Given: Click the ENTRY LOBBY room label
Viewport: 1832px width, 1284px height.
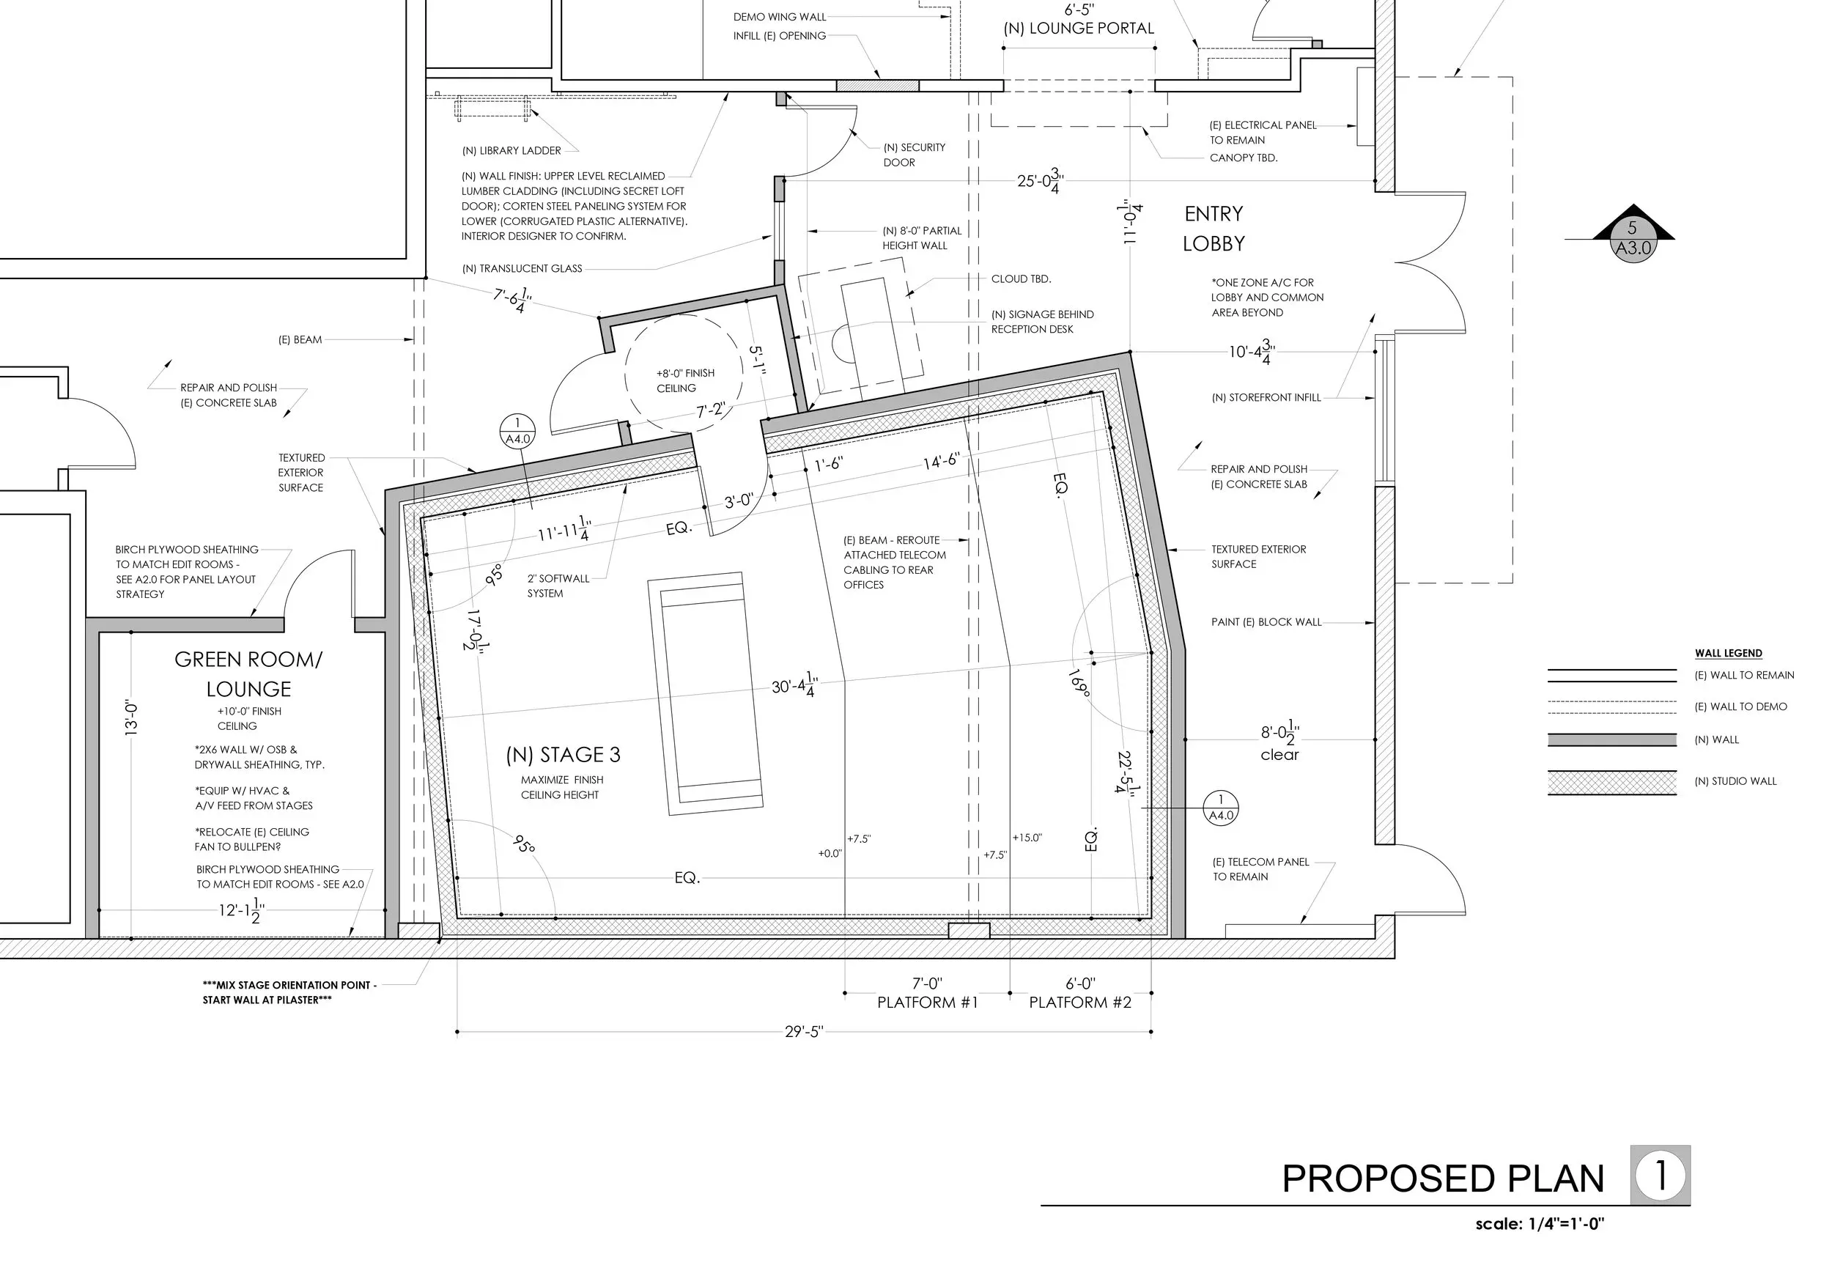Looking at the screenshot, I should point(1214,228).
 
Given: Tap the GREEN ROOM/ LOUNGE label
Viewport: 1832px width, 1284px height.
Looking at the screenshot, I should point(248,674).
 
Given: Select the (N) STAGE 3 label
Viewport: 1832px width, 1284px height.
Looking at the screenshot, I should point(563,755).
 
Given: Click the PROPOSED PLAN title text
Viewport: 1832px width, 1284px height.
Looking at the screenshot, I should point(1442,1179).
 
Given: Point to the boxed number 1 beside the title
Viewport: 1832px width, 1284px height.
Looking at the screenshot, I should point(1661,1175).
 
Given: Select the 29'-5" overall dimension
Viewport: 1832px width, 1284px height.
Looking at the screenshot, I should point(803,1032).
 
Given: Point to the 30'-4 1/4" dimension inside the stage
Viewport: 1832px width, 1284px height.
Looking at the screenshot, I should point(794,685).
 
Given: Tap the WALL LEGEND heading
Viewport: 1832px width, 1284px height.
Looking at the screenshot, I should point(1728,653).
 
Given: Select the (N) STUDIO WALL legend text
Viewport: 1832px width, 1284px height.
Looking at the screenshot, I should point(1735,781).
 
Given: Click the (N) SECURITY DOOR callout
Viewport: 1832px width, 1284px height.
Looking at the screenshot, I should point(914,155).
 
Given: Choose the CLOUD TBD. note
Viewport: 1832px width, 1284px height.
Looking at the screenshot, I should point(1021,279).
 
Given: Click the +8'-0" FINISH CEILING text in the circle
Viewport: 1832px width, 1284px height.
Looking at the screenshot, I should point(684,380).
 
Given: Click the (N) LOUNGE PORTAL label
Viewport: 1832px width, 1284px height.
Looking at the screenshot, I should point(1078,29).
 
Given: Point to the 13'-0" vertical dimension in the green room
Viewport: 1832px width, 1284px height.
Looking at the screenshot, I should point(133,717).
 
